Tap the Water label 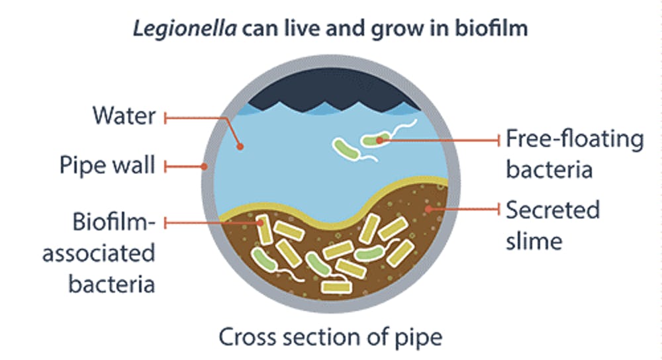125,116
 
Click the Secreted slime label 552,225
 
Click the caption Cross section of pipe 330,337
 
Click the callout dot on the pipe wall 205,165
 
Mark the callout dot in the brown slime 428,209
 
